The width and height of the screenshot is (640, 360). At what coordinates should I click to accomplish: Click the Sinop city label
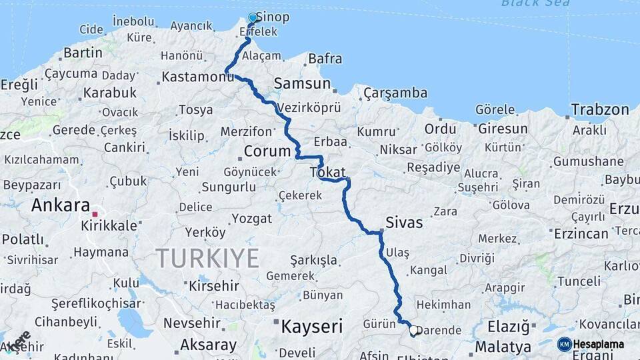pos(273,17)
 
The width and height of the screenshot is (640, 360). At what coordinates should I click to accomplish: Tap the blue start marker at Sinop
pos(253,18)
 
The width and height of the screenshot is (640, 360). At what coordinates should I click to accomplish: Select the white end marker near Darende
pos(413,330)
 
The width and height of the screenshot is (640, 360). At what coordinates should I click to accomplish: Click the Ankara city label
pos(60,205)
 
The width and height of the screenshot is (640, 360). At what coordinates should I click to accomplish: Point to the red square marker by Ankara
pos(95,215)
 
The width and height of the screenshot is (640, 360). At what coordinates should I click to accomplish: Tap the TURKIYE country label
pos(207,257)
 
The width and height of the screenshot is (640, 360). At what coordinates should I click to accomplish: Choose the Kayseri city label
pos(311,327)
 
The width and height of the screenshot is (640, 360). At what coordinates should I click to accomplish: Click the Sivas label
pos(404,222)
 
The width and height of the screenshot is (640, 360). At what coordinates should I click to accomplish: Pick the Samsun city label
pos(302,83)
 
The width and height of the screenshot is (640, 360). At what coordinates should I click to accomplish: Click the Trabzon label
pos(600,109)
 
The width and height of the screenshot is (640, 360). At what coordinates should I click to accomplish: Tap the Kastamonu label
pos(198,78)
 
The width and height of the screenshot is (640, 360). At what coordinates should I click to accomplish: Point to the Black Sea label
pos(535,3)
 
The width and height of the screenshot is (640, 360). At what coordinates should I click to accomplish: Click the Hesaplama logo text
pos(599,344)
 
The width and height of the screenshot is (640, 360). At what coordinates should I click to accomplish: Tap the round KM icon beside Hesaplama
pos(564,344)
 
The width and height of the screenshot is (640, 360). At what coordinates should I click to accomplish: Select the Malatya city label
pos(503,347)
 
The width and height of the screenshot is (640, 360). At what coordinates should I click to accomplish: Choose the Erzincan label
pos(581,233)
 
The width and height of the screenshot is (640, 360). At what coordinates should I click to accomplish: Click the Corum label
pos(267,151)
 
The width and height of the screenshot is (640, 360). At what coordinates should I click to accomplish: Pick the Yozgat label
pos(253,218)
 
